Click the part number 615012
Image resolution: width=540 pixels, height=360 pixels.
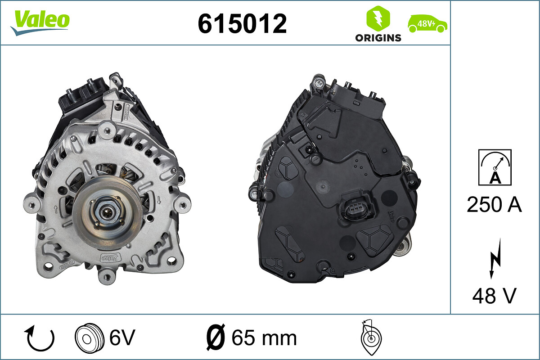coord(242,24)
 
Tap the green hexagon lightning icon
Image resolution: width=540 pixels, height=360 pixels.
coord(378,18)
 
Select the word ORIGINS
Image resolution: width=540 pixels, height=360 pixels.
coord(378,38)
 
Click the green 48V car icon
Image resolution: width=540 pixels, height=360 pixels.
coord(427,24)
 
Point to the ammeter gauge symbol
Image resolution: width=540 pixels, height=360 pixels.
coord(495,167)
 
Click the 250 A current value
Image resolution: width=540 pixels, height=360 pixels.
coord(494,204)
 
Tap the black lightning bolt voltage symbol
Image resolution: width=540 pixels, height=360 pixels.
coord(495,259)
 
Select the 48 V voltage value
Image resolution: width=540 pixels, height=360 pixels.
coord(494,296)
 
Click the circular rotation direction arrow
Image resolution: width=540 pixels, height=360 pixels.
coord(40,338)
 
